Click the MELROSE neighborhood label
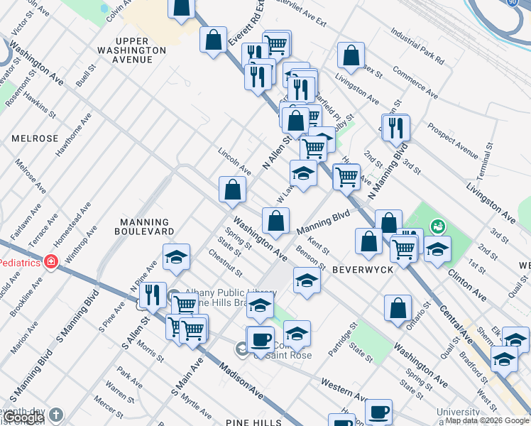(34, 138)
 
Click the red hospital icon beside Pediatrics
(50, 262)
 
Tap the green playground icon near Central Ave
(439, 226)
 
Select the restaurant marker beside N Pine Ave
(153, 295)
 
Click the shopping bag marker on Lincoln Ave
(232, 189)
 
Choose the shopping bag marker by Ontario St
(398, 307)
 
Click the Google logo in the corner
(23, 419)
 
